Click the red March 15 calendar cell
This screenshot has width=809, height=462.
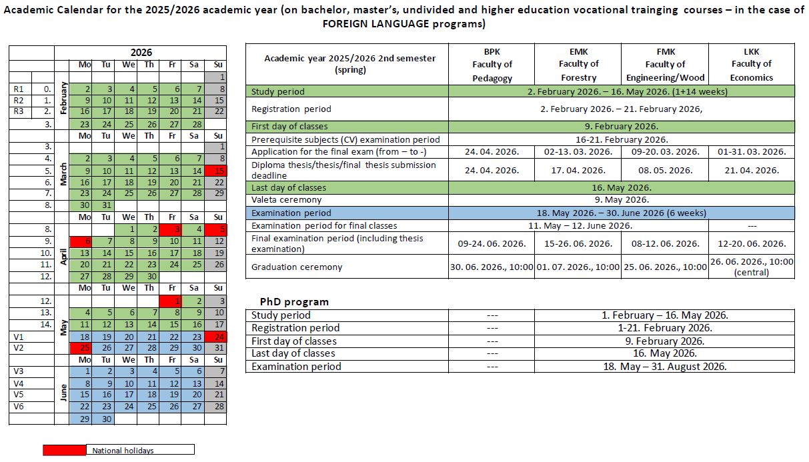click(215, 171)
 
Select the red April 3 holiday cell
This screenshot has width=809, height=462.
click(171, 229)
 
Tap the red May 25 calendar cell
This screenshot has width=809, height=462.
click(81, 348)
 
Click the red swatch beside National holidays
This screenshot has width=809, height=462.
click(64, 450)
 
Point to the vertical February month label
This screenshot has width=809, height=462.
click(63, 98)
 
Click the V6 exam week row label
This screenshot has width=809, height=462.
click(19, 407)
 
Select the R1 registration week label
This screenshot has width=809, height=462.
click(19, 89)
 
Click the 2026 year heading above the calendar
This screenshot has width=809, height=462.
click(141, 53)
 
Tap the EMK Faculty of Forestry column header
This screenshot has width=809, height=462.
click(579, 65)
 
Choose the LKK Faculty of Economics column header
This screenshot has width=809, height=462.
click(752, 65)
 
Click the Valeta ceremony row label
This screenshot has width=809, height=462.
click(286, 199)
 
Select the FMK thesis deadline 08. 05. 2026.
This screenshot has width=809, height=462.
click(665, 171)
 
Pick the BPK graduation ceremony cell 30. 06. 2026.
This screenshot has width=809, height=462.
click(492, 267)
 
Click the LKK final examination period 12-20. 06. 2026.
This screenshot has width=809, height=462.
click(752, 243)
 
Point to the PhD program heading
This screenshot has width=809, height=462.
click(294, 302)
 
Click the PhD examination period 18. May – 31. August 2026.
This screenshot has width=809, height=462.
click(664, 367)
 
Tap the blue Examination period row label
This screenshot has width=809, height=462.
click(291, 213)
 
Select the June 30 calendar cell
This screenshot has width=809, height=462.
click(103, 419)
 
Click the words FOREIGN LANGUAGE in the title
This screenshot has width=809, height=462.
click(376, 24)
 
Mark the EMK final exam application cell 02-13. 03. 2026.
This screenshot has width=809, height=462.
click(578, 151)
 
